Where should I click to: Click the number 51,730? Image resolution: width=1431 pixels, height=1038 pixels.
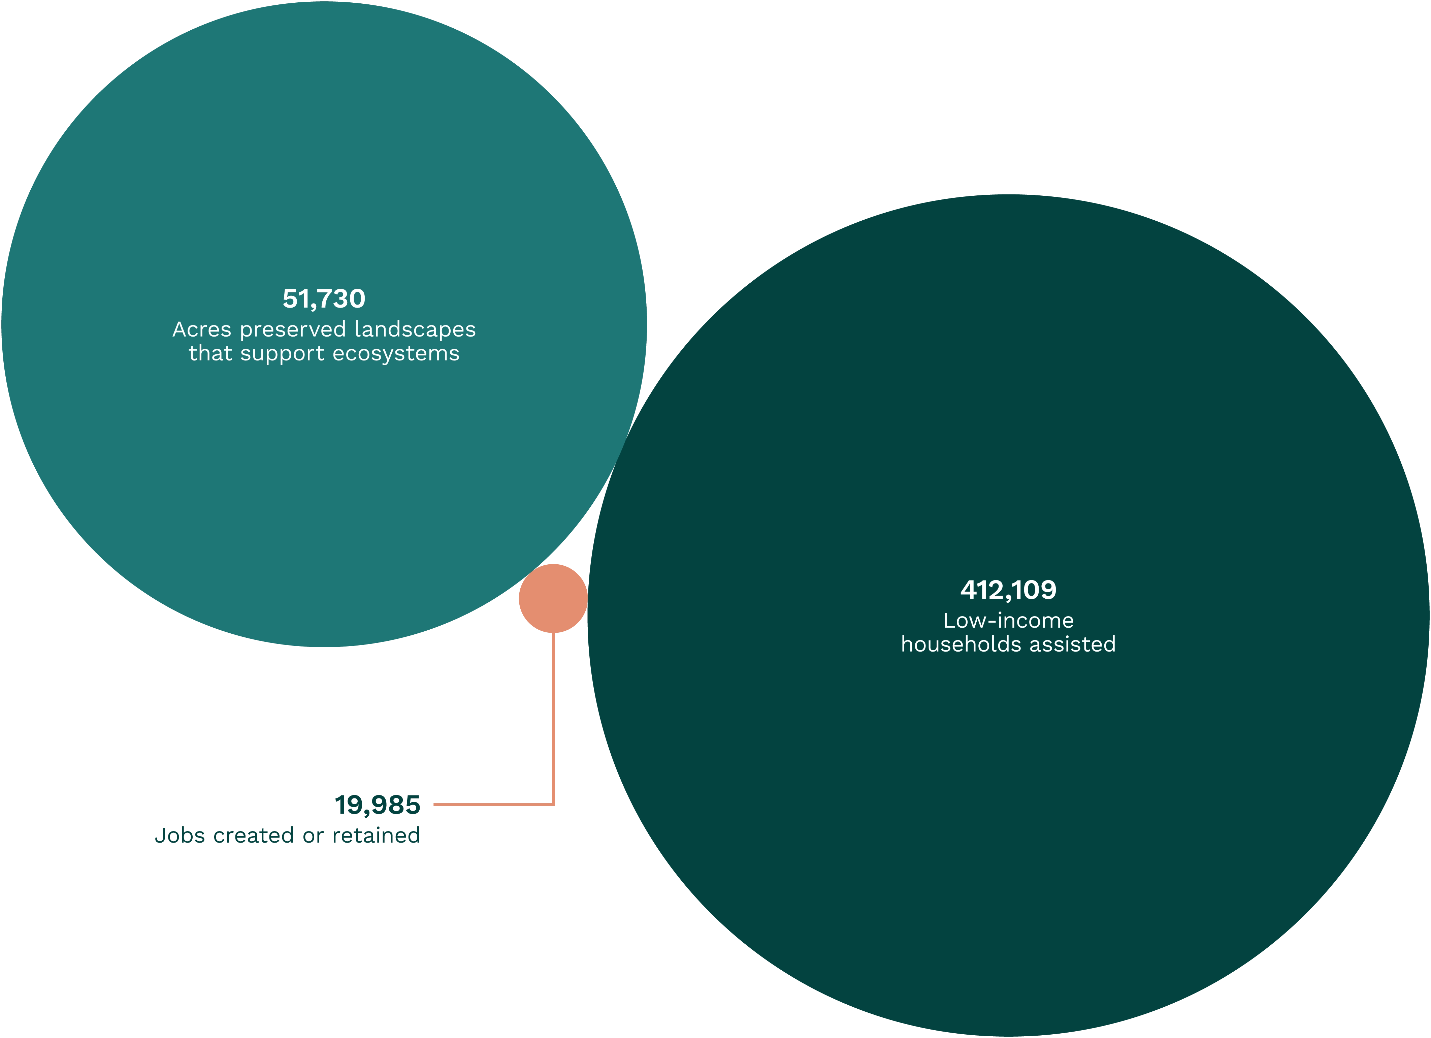pos(324,298)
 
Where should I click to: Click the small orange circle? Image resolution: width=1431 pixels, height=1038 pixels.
pos(553,598)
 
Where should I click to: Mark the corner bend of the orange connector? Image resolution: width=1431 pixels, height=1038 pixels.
pos(553,804)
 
